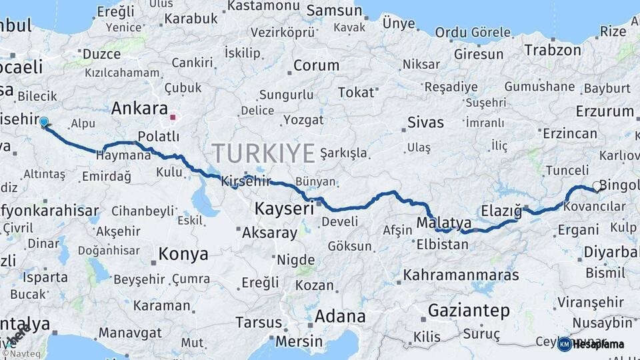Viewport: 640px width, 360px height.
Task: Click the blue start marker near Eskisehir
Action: (43, 122)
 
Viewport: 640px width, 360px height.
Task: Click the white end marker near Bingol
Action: (597, 187)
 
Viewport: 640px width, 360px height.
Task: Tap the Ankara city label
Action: (139, 108)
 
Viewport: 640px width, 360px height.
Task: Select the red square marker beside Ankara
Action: (173, 117)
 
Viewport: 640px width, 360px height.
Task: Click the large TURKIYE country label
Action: (263, 153)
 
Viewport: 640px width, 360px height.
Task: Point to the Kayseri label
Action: (284, 209)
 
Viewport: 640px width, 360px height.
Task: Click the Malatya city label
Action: (444, 223)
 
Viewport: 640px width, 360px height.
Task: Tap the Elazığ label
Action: (501, 210)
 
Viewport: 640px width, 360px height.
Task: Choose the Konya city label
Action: (183, 254)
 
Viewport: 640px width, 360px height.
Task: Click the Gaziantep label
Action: (469, 310)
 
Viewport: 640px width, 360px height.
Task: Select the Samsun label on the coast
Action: (335, 11)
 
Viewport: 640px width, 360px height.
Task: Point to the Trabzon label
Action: (553, 50)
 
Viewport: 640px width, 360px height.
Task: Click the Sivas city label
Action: (425, 123)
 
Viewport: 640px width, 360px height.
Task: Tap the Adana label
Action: (340, 316)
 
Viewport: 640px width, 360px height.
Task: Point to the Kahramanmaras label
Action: (461, 275)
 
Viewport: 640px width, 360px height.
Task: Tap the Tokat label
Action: (356, 92)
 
